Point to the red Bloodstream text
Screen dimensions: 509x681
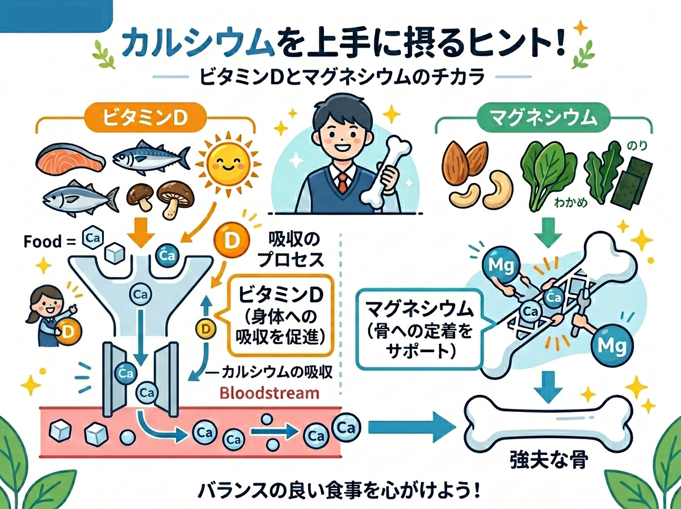tap(269, 393)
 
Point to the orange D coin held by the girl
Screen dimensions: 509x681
tap(68, 330)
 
